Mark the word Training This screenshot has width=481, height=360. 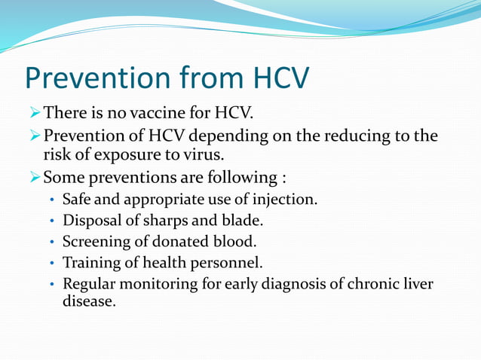[90, 264]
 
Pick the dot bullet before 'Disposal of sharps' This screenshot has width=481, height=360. [51, 222]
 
